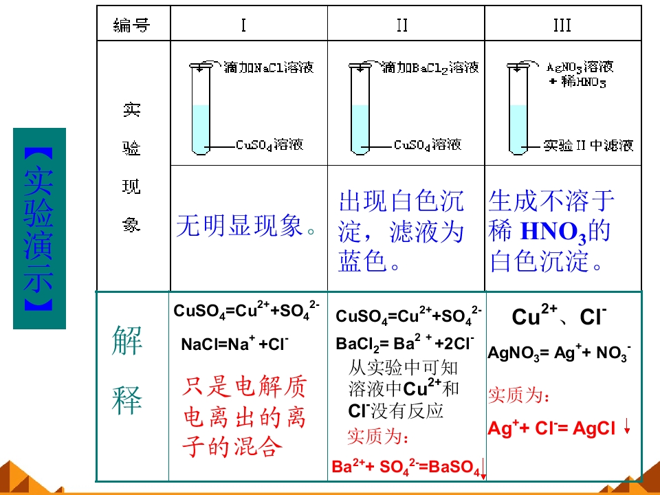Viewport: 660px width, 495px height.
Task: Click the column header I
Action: [x=243, y=25]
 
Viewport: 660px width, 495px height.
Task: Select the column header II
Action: [x=402, y=25]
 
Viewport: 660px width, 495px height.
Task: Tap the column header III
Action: [x=562, y=25]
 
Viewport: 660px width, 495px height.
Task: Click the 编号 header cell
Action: [x=132, y=25]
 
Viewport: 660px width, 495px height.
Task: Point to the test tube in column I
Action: [x=200, y=109]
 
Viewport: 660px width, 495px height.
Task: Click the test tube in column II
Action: [x=360, y=109]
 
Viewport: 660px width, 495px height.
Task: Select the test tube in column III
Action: [x=518, y=109]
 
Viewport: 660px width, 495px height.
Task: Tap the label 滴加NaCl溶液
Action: [x=269, y=67]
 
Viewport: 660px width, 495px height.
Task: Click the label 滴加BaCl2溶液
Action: [x=430, y=68]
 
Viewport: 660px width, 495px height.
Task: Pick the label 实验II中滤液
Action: [x=588, y=146]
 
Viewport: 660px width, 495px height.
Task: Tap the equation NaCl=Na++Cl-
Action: [x=235, y=344]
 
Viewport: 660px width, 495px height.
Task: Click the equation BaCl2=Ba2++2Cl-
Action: [x=405, y=344]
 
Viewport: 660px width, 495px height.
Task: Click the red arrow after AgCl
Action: [x=627, y=426]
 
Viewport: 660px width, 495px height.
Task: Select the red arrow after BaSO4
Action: [x=483, y=468]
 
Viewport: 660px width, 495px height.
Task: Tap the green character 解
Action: [x=127, y=340]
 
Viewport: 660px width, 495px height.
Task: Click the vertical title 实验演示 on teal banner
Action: [x=38, y=229]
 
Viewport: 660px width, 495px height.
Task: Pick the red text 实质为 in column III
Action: [x=518, y=395]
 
